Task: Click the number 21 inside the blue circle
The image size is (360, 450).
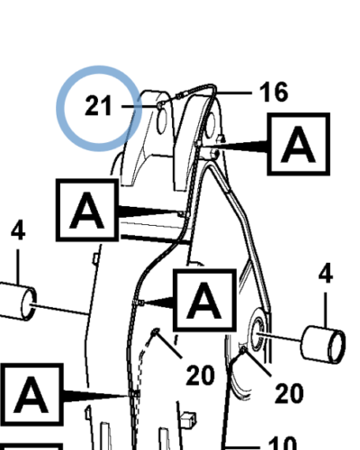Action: point(98,105)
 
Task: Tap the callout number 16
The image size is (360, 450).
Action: point(274,92)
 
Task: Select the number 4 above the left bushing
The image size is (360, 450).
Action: point(18,230)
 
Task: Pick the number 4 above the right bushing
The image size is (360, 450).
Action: point(326,273)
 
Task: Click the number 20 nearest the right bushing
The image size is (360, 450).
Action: point(289,393)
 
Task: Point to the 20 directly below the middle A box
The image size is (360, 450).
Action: point(201,375)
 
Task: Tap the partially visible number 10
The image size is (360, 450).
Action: point(282,444)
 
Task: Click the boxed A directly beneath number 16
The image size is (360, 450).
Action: point(299,144)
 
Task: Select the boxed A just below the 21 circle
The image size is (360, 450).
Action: point(87,210)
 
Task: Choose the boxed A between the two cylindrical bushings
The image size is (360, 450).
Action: point(205,300)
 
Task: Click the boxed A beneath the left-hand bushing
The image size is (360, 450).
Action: point(31,394)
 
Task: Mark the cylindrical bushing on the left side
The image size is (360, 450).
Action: point(17,301)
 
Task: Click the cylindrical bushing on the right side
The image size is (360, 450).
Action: point(323,345)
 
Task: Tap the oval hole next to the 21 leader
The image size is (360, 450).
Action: point(162,121)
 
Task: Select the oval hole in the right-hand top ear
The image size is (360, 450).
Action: point(210,125)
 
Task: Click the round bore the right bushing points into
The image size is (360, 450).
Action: point(257,334)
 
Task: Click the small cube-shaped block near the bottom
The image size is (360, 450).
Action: point(189,419)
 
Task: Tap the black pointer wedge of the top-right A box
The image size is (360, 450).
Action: point(237,147)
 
